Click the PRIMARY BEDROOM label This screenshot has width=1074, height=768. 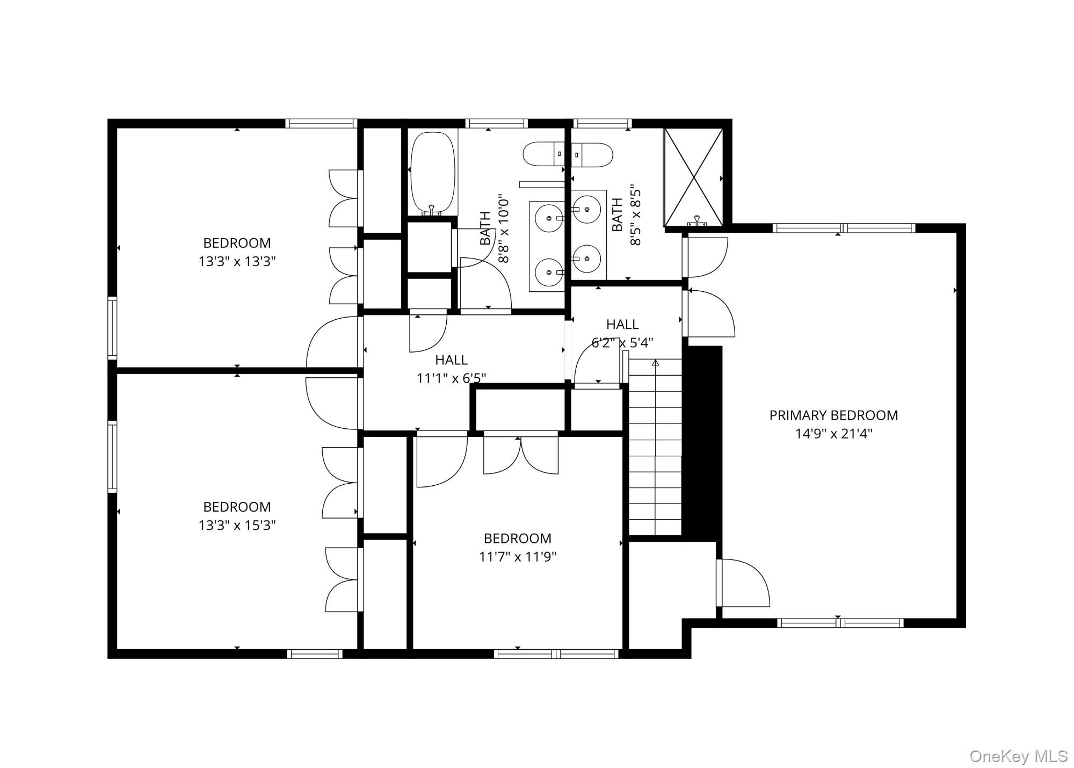pos(833,415)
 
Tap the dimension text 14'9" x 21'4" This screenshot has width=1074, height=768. pos(833,434)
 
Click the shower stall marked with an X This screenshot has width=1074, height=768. pos(693,177)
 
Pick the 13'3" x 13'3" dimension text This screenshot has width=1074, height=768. pos(237,262)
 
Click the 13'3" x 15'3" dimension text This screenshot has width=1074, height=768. pos(237,526)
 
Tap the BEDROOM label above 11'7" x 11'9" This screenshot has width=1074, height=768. pos(517,539)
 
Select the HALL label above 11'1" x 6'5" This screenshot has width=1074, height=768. pos(451,360)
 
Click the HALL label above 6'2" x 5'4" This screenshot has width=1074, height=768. pos(622,324)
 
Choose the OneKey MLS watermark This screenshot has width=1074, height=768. pos(1018,756)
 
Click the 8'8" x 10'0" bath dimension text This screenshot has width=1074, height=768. pos(504,228)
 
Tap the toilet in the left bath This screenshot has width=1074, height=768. pos(543,154)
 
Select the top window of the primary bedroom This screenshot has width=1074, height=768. pos(843,228)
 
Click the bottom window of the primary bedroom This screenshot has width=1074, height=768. pos(840,623)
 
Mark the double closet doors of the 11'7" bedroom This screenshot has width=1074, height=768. pos(520,454)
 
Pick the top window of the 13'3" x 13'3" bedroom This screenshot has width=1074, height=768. pos(321,123)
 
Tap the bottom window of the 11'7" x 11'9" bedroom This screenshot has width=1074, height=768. pos(556,654)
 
